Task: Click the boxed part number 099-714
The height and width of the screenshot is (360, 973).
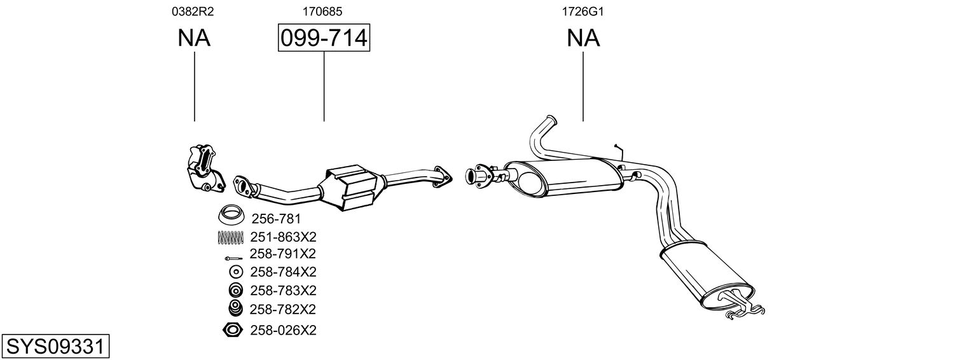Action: tap(324, 38)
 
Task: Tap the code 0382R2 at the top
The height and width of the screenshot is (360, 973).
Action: tap(193, 11)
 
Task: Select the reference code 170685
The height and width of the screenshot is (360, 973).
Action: tap(322, 11)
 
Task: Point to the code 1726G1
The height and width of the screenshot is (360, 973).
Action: tap(583, 11)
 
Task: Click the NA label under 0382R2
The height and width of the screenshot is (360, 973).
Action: tap(194, 38)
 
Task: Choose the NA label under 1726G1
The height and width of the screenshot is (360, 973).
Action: tap(583, 38)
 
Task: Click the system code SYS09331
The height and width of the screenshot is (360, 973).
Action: tap(55, 347)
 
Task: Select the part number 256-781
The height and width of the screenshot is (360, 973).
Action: tap(276, 218)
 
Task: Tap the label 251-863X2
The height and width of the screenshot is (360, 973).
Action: tap(283, 237)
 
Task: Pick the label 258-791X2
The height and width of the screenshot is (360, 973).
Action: tap(283, 253)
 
